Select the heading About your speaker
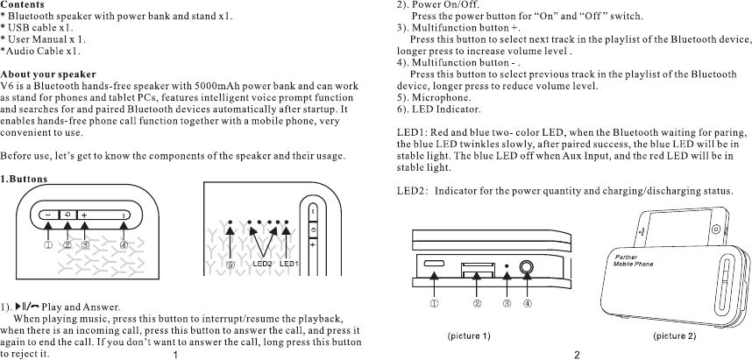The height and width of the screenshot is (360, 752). (x=47, y=74)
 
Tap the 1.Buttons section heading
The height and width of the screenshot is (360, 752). (x=24, y=179)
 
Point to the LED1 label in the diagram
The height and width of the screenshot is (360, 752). (x=290, y=263)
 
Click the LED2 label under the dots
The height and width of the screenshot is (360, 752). (x=263, y=263)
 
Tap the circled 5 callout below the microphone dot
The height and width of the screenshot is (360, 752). (x=231, y=263)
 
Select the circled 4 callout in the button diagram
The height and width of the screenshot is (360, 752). (x=124, y=245)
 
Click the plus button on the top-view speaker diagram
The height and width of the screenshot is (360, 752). (x=85, y=215)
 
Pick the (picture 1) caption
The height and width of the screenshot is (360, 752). (x=469, y=336)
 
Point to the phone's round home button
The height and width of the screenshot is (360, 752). (x=717, y=228)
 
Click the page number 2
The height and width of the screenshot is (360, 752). (x=577, y=354)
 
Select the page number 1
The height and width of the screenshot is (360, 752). (x=176, y=355)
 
